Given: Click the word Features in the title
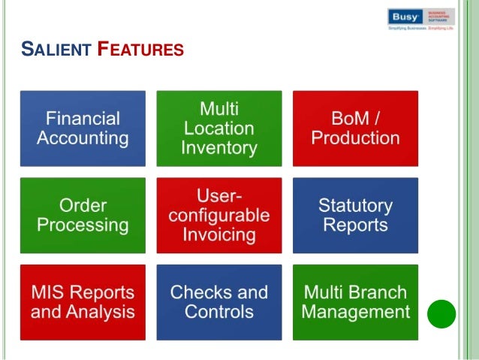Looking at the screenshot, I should (x=142, y=51).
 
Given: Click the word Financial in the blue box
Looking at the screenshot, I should (x=83, y=119).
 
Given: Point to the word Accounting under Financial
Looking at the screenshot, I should (x=83, y=138).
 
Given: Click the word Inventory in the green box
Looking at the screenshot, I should (x=219, y=148).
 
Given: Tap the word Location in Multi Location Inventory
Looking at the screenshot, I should (x=219, y=129).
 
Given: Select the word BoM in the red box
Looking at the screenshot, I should (x=343, y=119).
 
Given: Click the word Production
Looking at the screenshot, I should (x=355, y=138).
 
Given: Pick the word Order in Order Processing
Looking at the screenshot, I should (x=83, y=205).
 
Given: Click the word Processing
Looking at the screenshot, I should (x=83, y=225).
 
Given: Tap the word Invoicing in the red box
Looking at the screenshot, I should (x=219, y=234).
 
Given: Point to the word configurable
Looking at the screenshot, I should (x=219, y=215).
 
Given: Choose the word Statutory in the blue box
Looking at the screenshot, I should (x=355, y=205).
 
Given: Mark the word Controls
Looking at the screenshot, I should (x=219, y=311).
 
